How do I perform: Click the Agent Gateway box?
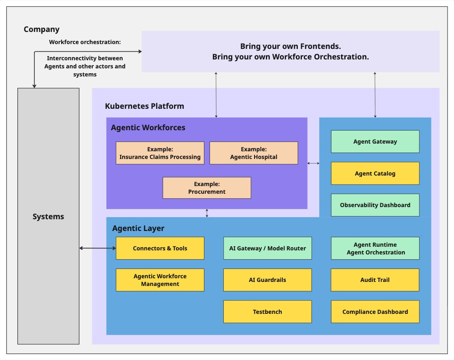(375, 142)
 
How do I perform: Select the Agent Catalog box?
(375, 174)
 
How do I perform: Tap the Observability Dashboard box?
(375, 205)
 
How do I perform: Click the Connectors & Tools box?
(160, 248)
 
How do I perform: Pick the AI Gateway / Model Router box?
(267, 248)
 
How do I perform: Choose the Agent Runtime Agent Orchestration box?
(375, 248)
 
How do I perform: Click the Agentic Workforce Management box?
(160, 280)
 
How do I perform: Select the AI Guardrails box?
(267, 280)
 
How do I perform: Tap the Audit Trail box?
(375, 280)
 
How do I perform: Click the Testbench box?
(267, 312)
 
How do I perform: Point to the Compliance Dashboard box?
(375, 312)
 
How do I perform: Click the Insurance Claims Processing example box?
(160, 153)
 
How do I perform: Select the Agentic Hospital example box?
(254, 153)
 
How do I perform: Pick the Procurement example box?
(207, 188)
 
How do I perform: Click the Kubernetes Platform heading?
(144, 106)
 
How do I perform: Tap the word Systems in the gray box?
(48, 217)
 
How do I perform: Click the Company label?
(42, 29)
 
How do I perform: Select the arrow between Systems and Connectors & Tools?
(98, 248)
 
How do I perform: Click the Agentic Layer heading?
(138, 229)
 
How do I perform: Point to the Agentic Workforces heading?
(148, 128)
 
